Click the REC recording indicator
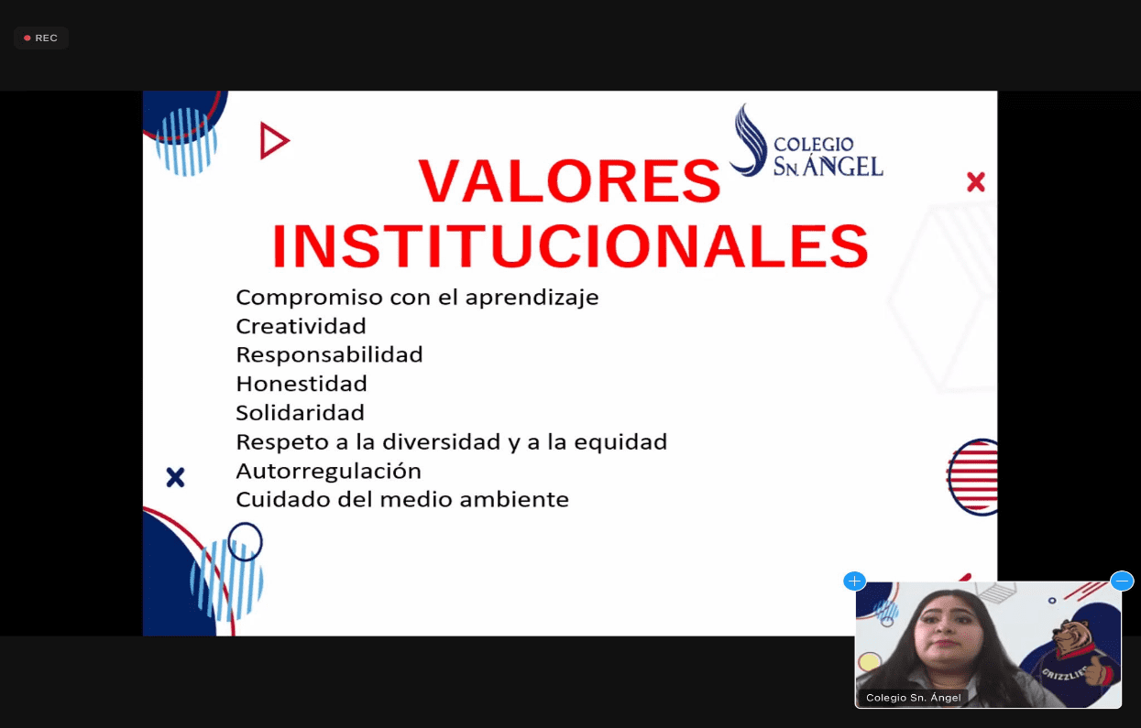[x=41, y=38]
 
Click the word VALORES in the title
[x=569, y=180]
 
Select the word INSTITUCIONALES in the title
[x=570, y=246]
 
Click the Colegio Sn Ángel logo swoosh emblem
[x=750, y=141]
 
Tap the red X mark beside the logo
[x=975, y=181]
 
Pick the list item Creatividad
[x=301, y=326]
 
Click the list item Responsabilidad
[x=330, y=354]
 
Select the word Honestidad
[x=302, y=384]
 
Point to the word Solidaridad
[x=301, y=413]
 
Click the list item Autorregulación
[x=328, y=472]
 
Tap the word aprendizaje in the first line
[x=532, y=298]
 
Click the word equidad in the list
[x=620, y=442]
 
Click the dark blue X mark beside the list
[x=175, y=477]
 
